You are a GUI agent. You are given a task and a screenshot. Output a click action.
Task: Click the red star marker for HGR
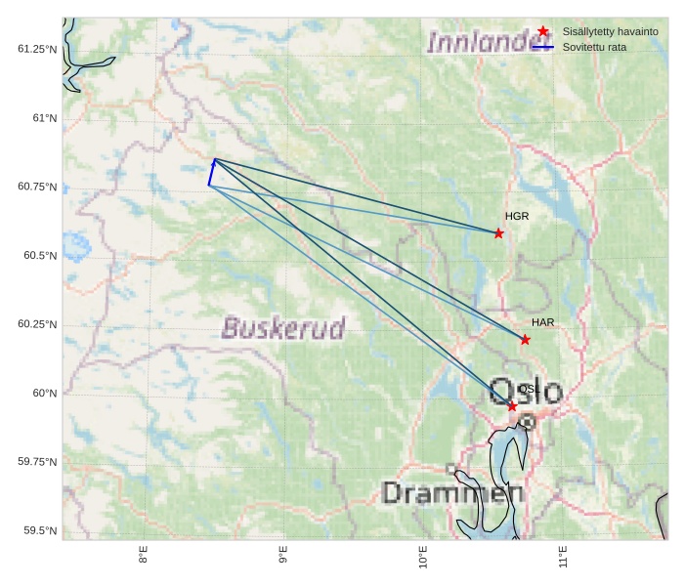[x=498, y=233]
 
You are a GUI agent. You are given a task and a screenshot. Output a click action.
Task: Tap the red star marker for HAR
[x=525, y=340]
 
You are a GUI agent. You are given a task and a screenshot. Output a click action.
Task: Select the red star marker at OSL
[x=512, y=405]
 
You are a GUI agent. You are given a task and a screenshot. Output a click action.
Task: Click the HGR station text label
[x=517, y=216]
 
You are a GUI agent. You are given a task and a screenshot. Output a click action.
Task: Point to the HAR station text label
[x=543, y=322]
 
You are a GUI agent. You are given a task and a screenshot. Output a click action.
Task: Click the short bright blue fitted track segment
[x=211, y=172]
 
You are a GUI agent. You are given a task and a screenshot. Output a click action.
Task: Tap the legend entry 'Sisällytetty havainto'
[x=610, y=31]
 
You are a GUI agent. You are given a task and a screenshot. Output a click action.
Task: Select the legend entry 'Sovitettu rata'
[x=594, y=46]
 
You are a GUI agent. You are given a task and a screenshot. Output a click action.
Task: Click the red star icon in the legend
[x=543, y=31]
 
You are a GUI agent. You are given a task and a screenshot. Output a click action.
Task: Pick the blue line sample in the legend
[x=543, y=46]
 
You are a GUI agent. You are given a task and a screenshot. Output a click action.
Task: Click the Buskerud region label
[x=283, y=328]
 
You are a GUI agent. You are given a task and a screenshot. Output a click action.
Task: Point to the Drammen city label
[x=452, y=493]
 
